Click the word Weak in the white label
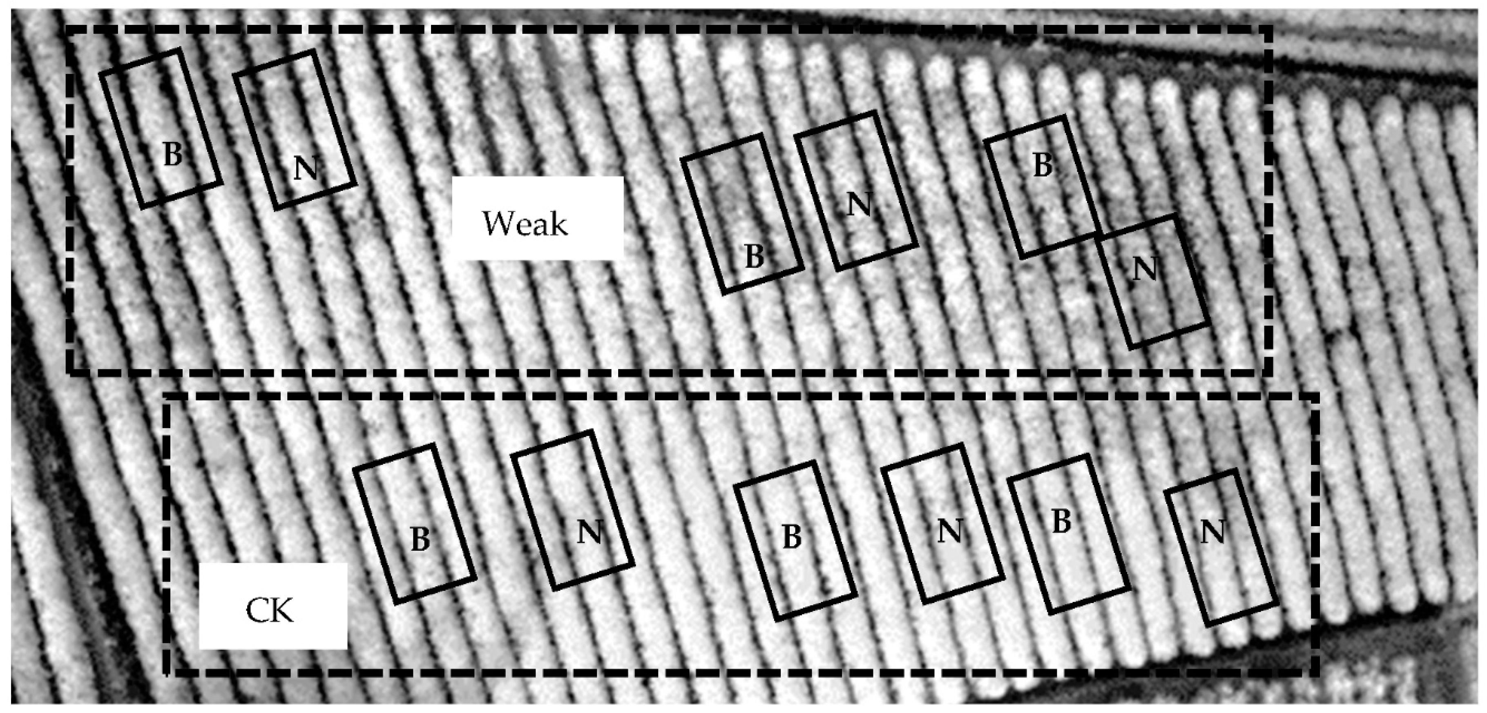coord(525,224)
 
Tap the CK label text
coord(270,610)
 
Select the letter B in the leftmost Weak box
coord(172,154)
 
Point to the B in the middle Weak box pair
coord(754,256)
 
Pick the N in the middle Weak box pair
coord(859,204)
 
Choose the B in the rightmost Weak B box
coord(1042,165)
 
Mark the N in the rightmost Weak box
coord(1145,269)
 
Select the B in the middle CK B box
coord(791,537)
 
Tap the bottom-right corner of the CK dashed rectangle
coord(1317,672)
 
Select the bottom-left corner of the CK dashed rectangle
coord(167,672)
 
